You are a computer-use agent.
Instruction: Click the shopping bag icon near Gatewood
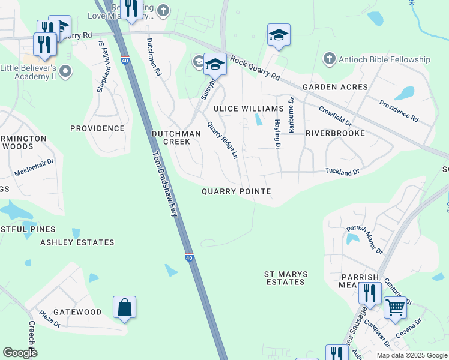[124, 308]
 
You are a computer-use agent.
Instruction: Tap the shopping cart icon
[395, 307]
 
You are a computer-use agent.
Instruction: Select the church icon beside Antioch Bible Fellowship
[328, 59]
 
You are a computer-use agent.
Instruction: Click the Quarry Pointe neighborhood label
[236, 191]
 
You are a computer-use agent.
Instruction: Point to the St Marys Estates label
[286, 278]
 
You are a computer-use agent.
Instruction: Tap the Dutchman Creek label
[172, 137]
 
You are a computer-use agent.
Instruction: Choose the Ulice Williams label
[249, 109]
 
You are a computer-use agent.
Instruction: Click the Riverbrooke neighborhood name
[335, 133]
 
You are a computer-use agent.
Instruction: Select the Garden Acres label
[335, 87]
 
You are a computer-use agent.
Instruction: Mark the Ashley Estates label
[77, 242]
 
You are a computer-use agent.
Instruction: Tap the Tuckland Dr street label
[342, 172]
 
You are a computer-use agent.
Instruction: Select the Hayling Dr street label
[277, 134]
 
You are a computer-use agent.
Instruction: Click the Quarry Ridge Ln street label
[223, 140]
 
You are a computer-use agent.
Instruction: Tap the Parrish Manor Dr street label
[364, 239]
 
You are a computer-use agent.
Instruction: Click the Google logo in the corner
[20, 353]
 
